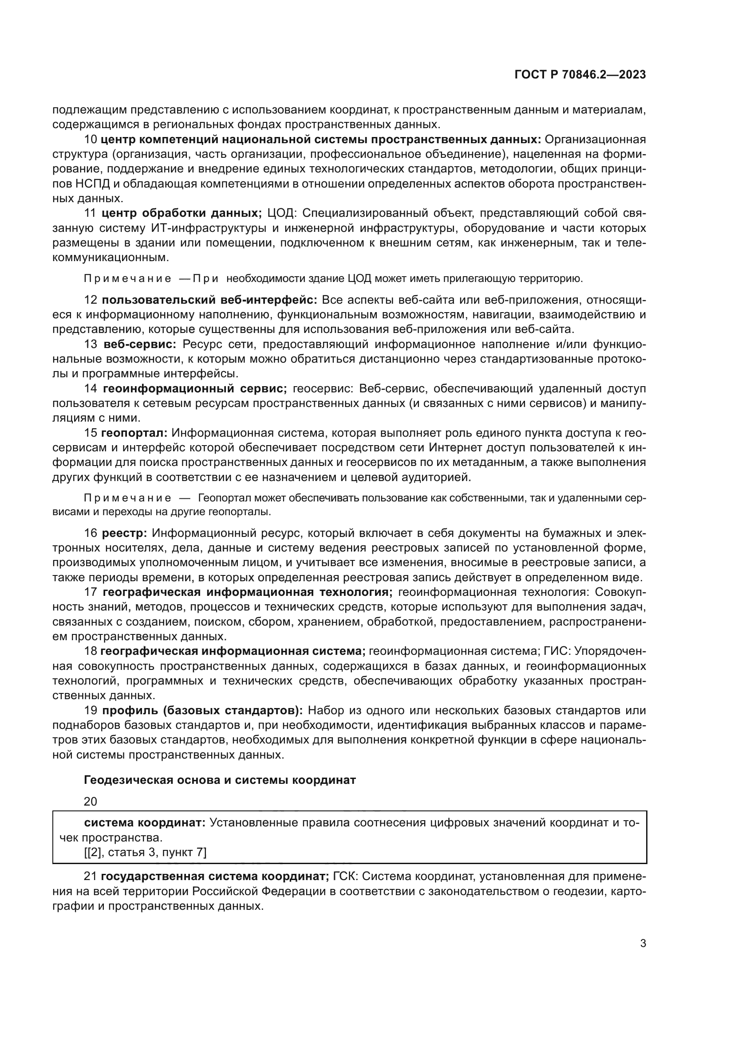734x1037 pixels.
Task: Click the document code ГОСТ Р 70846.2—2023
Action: pos(580,75)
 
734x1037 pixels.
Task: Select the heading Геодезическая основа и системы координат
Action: pos(220,780)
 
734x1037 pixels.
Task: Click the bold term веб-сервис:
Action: pos(140,344)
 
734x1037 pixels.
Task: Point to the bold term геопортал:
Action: pos(134,433)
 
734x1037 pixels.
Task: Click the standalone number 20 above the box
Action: pos(91,801)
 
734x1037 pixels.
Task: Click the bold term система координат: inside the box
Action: pos(145,822)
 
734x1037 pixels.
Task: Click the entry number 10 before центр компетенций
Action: pos(91,139)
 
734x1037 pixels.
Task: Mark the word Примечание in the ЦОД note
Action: pos(127,279)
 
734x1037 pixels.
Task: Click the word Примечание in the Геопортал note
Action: pos(127,498)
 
